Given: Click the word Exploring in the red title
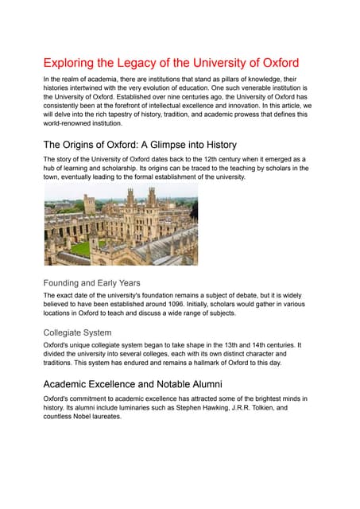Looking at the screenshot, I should pyautogui.click(x=71, y=63).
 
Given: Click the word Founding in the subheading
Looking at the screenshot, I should pyautogui.click(x=67, y=282).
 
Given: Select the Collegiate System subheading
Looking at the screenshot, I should pyautogui.click(x=77, y=332).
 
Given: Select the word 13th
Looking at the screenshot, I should pyautogui.click(x=219, y=345).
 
